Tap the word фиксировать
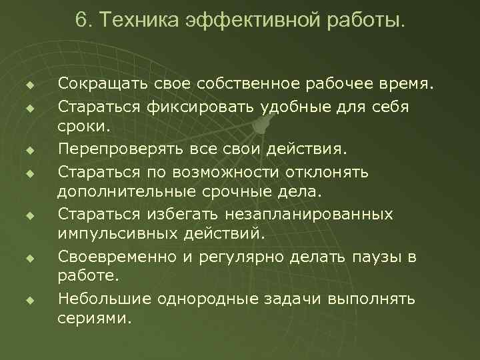pos(192,106)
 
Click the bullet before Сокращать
pos(30,85)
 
